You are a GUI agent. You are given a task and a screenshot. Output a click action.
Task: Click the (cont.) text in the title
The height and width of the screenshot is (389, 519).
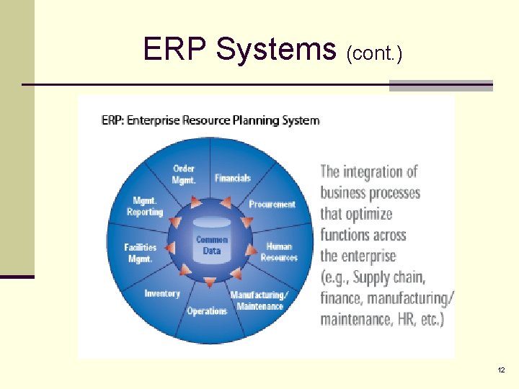click(x=374, y=53)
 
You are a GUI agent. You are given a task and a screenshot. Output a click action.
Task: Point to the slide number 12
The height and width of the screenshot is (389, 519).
click(x=501, y=370)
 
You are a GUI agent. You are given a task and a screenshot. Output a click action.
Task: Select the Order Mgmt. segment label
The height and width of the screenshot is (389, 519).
click(x=184, y=174)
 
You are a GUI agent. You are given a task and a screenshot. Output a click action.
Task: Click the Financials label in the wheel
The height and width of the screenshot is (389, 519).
click(x=232, y=178)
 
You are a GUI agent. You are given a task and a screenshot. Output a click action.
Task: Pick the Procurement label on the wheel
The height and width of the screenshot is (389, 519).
click(x=272, y=205)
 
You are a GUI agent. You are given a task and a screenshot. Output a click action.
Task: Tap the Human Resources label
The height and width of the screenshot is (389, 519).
click(x=279, y=251)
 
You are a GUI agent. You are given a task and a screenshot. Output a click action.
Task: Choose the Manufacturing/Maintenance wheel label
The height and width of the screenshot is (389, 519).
click(x=259, y=300)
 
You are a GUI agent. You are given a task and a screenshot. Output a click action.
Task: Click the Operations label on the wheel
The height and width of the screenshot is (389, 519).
click(x=207, y=311)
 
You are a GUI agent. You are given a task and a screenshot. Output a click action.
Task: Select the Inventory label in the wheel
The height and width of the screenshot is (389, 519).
click(x=161, y=294)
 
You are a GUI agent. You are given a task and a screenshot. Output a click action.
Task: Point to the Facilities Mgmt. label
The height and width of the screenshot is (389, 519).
click(x=140, y=251)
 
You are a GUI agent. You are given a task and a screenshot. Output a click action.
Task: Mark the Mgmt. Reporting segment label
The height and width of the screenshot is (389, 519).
click(x=145, y=207)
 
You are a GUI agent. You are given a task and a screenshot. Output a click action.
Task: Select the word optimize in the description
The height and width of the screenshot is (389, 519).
click(x=368, y=214)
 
